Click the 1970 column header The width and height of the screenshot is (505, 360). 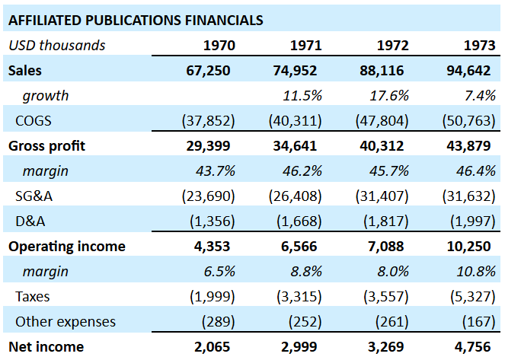tap(219, 46)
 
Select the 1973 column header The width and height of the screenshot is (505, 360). tap(480, 46)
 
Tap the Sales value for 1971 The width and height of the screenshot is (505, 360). tap(295, 71)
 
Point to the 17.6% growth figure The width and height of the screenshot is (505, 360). tap(389, 96)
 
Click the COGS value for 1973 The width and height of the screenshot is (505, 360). tap(469, 121)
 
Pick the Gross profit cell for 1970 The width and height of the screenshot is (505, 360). tap(208, 145)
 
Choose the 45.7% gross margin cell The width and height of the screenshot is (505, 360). tap(389, 170)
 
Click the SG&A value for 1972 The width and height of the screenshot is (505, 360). tap(382, 196)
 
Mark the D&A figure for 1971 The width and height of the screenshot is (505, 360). tap(299, 221)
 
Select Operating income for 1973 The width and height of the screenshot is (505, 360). tap(469, 247)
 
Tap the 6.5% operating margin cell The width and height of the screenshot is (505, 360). tap(219, 272)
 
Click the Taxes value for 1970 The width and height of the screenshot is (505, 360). tap(213, 297)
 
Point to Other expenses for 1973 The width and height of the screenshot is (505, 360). tap(479, 322)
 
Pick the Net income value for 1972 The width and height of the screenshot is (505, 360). tap(386, 347)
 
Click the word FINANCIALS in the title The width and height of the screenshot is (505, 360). tap(224, 21)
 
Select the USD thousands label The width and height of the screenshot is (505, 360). tap(57, 46)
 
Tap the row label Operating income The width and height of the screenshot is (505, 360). tap(67, 247)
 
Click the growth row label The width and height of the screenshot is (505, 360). tap(46, 96)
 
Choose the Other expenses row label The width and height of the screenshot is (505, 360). tap(66, 322)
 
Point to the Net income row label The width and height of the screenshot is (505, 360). tap(46, 347)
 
